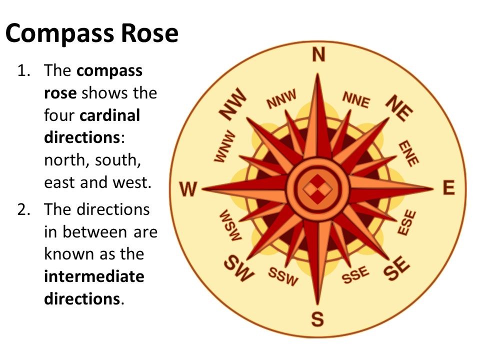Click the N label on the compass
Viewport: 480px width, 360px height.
click(x=318, y=55)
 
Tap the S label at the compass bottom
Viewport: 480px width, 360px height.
click(x=317, y=319)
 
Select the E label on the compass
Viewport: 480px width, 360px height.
click(x=449, y=187)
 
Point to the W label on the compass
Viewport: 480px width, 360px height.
click(x=188, y=189)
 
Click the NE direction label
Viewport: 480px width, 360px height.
click(x=399, y=108)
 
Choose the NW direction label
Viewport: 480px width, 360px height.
click(x=232, y=104)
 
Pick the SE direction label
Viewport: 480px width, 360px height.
click(x=396, y=268)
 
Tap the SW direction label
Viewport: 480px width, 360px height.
click(x=239, y=268)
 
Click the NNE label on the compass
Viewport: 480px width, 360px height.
click(x=356, y=100)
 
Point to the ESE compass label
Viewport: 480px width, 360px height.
click(x=407, y=222)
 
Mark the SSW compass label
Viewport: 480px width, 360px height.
click(x=283, y=276)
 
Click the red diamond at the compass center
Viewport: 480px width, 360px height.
click(x=318, y=189)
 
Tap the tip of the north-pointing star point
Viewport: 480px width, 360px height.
click(x=318, y=74)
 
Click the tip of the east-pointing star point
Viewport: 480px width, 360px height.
click(x=433, y=188)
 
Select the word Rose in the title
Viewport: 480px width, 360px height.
click(x=149, y=33)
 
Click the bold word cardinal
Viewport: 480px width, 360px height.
click(x=109, y=115)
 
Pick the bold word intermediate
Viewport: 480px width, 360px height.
click(x=94, y=276)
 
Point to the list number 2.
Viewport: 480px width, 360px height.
click(x=23, y=209)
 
